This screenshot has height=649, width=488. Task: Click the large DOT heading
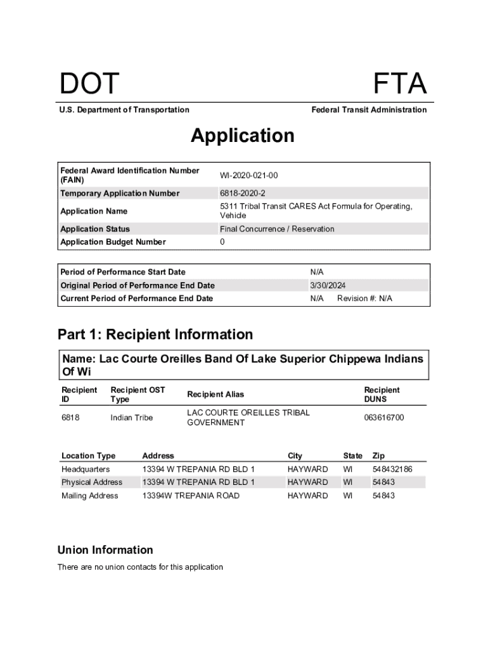point(89,84)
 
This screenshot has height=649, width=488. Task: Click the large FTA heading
point(399,84)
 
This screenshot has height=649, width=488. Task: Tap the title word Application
point(243,136)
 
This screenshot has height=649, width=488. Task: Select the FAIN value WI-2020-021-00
point(248,175)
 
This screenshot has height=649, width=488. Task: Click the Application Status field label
point(95,229)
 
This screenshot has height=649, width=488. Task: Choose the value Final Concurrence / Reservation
point(277,229)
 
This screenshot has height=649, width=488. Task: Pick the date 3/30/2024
point(328,285)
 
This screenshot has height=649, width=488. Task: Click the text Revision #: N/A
point(364,299)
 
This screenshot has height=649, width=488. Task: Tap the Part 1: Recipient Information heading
point(155,334)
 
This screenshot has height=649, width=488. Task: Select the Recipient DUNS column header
point(382,394)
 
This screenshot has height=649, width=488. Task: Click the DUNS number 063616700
point(384,418)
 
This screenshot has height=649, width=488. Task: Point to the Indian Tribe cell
point(131,418)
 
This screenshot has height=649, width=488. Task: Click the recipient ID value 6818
point(70,418)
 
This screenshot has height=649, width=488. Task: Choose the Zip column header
point(378,456)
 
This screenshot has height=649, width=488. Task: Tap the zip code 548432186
point(392,469)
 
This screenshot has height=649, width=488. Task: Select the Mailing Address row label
point(89,496)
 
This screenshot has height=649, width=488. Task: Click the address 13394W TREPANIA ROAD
point(191,496)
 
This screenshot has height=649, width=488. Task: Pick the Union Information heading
point(105,549)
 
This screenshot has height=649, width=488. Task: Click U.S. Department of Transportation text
point(124,110)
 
